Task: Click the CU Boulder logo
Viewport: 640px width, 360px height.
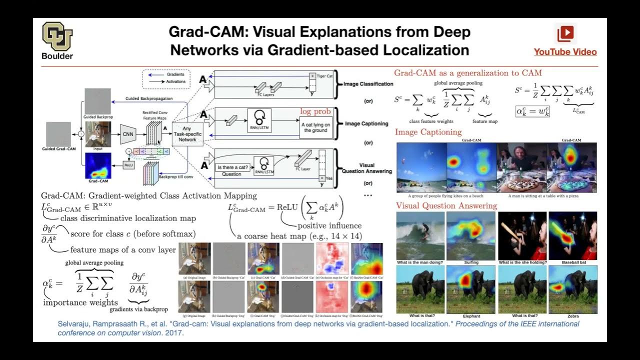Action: coord(57,37)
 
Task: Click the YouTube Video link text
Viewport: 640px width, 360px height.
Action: coord(565,52)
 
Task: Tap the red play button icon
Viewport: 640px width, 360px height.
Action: coord(565,33)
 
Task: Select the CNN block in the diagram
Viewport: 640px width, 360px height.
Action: coord(128,134)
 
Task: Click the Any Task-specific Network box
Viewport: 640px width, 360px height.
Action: coord(187,133)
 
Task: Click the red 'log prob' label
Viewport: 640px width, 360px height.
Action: coord(315,111)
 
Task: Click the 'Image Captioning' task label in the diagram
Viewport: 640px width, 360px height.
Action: coord(366,123)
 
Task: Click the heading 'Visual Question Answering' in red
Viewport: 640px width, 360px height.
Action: coord(446,205)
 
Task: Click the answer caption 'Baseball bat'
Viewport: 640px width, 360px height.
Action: coord(572,262)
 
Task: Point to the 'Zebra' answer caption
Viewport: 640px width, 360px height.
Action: coord(572,316)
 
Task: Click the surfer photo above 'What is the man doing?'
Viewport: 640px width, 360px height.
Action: coord(420,235)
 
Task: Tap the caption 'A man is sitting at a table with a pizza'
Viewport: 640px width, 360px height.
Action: coord(546,196)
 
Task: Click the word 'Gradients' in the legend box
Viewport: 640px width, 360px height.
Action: coord(175,74)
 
